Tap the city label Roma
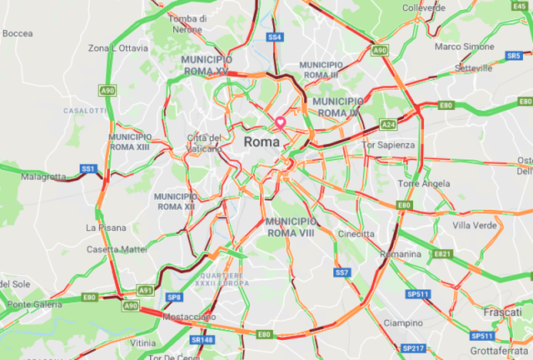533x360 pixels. point(262,142)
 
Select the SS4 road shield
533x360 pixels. point(275,37)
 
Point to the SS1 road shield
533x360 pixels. point(88,168)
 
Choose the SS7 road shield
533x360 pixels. point(341,272)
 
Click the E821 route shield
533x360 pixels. point(442,254)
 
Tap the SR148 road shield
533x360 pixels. point(202,340)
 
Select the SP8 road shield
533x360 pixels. point(174,297)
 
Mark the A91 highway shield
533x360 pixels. point(145,290)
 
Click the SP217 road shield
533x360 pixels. point(413,347)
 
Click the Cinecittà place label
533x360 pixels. point(356,234)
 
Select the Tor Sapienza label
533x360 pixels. point(389,145)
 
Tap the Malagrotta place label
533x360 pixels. point(43,177)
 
